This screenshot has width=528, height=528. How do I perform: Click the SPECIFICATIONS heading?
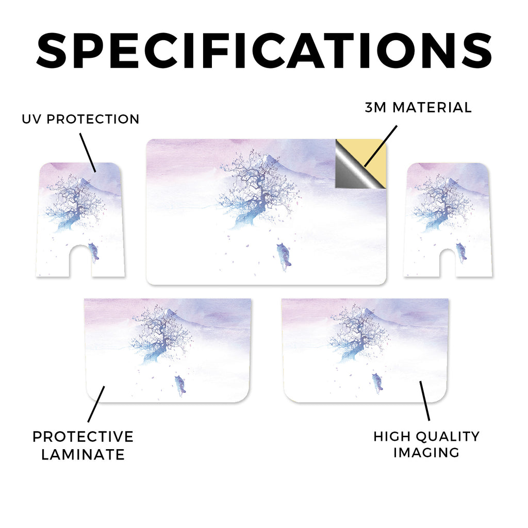pyautogui.click(x=264, y=51)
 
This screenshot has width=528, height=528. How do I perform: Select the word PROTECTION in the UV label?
pyautogui.click(x=93, y=119)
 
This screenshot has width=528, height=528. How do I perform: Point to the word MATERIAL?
pyautogui.click(x=432, y=107)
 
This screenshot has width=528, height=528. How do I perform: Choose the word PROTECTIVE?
pyautogui.click(x=83, y=437)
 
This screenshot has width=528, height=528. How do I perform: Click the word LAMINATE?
pyautogui.click(x=83, y=455)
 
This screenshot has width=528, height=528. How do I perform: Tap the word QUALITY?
pyautogui.click(x=448, y=436)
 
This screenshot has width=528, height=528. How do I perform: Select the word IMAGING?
pyautogui.click(x=426, y=453)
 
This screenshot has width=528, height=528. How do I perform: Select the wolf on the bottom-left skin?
pyautogui.click(x=180, y=385)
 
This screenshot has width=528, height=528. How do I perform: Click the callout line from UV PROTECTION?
pyautogui.click(x=88, y=153)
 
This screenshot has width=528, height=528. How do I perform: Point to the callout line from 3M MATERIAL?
pyautogui.click(x=381, y=146)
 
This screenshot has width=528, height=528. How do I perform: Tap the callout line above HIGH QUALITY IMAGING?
pyautogui.click(x=425, y=401)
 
